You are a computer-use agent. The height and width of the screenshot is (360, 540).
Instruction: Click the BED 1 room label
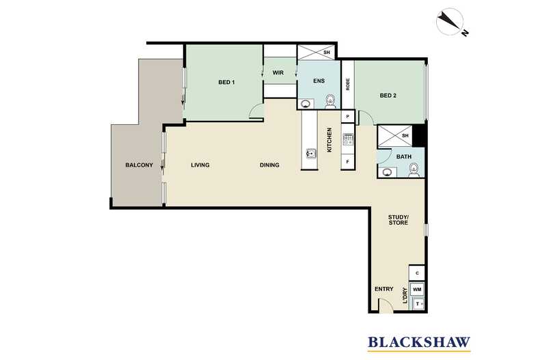point(227,82)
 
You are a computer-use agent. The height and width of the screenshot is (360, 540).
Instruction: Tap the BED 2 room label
point(388,96)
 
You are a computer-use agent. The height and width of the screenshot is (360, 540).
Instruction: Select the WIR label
point(278,73)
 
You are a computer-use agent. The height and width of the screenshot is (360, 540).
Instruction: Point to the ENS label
point(319,81)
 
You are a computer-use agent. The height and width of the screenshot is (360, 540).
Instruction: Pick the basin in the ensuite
point(305,103)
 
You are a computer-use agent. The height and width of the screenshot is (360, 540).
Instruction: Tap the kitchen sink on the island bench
point(310,154)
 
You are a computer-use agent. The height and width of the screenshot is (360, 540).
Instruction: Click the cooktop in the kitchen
point(348,139)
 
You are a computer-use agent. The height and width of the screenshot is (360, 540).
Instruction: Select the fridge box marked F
point(347,161)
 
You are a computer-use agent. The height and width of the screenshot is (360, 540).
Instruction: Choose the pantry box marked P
point(347,116)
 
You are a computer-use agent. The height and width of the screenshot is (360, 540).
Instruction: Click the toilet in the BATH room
point(414,170)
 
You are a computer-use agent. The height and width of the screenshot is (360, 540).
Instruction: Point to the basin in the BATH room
point(388,171)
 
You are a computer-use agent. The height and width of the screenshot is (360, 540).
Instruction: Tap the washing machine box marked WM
point(417,290)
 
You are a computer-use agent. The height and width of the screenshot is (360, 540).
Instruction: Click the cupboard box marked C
point(417,273)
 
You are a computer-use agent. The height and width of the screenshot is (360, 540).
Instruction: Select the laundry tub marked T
point(418,304)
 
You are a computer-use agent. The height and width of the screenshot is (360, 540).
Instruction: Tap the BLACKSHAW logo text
point(419,342)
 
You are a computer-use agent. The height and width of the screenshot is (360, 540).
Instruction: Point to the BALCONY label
point(139,165)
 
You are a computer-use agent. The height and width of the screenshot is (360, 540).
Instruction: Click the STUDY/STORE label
point(398,220)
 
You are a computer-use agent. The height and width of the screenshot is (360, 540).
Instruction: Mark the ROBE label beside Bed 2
point(348,84)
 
